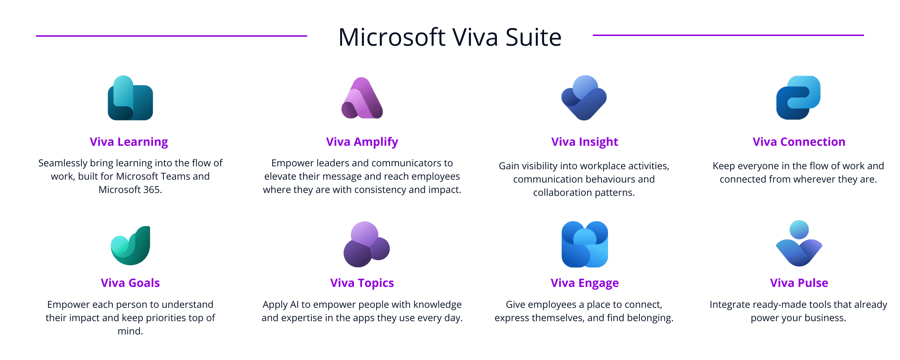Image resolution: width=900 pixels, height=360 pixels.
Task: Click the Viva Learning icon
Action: click(130, 98)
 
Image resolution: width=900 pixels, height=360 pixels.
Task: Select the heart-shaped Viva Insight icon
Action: click(584, 98)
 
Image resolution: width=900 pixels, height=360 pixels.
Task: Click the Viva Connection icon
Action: click(798, 98)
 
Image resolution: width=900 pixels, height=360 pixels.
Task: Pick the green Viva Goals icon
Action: click(130, 246)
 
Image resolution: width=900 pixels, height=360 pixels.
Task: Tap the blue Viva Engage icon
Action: click(585, 244)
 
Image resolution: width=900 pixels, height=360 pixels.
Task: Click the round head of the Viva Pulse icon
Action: click(799, 230)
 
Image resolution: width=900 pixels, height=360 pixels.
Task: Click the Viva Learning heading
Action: click(129, 142)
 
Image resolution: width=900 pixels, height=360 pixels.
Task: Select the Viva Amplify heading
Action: click(362, 142)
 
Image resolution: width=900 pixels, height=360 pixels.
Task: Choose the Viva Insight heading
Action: click(584, 142)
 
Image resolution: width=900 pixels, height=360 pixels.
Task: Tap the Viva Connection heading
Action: click(799, 142)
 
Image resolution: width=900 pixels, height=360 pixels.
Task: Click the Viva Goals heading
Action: click(130, 283)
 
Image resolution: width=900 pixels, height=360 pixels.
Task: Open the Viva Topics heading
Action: click(362, 283)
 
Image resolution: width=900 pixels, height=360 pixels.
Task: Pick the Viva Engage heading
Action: click(584, 283)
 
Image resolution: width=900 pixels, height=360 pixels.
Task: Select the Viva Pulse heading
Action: click(799, 283)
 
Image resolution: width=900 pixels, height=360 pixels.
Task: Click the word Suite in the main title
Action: click(533, 37)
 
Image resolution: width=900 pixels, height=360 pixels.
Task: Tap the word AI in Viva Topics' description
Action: click(294, 305)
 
